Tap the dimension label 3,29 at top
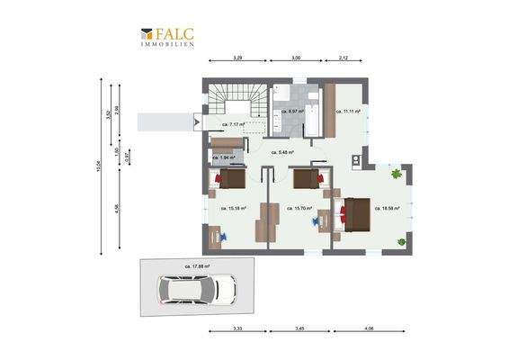click(237, 58)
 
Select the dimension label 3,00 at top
click(295, 58)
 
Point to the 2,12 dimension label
click(344, 58)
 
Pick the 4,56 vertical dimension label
click(117, 208)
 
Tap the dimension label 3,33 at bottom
click(237, 329)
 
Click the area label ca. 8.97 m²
click(294, 112)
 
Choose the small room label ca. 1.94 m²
click(224, 157)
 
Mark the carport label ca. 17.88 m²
click(197, 266)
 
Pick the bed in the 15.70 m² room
click(308, 178)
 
